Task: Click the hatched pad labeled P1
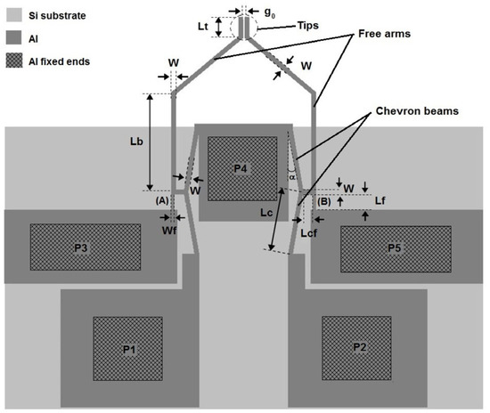tap(129, 348)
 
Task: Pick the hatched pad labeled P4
tap(242, 167)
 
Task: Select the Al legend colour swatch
tap(14, 40)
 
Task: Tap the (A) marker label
tap(162, 201)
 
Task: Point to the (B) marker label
tap(323, 201)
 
